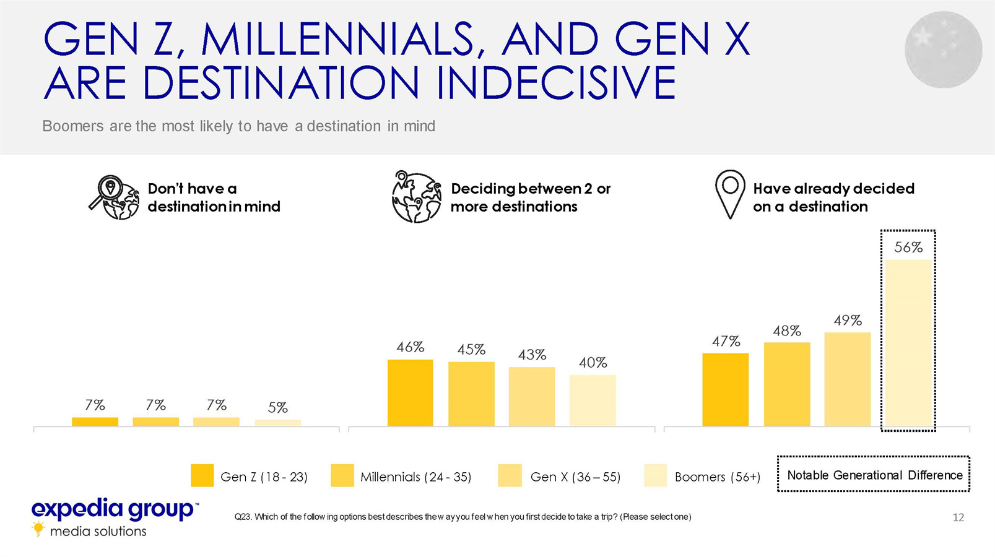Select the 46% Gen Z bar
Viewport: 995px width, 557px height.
pyautogui.click(x=410, y=392)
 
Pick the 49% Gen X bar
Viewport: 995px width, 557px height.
pyautogui.click(x=847, y=379)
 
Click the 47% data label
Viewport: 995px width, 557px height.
pyautogui.click(x=726, y=341)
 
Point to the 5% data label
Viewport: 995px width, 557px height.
pyautogui.click(x=277, y=407)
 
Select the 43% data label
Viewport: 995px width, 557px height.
pyautogui.click(x=532, y=355)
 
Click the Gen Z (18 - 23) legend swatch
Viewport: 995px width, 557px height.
pyautogui.click(x=202, y=475)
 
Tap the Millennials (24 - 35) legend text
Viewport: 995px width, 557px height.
pyautogui.click(x=415, y=477)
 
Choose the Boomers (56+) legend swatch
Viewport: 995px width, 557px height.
pyautogui.click(x=655, y=475)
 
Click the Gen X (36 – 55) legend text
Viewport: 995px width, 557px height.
pyautogui.click(x=575, y=477)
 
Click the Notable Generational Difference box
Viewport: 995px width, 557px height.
pyautogui.click(x=874, y=475)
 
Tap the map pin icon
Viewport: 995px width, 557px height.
pyautogui.click(x=730, y=194)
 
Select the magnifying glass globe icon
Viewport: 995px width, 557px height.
pyautogui.click(x=114, y=197)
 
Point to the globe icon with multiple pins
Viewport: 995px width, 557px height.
pyautogui.click(x=416, y=197)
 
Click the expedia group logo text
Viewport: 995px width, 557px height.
pyautogui.click(x=113, y=509)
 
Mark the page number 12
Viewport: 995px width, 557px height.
pyautogui.click(x=958, y=517)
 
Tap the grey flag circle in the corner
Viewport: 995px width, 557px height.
pyautogui.click(x=942, y=50)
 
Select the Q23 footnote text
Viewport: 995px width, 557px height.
pyautogui.click(x=463, y=517)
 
